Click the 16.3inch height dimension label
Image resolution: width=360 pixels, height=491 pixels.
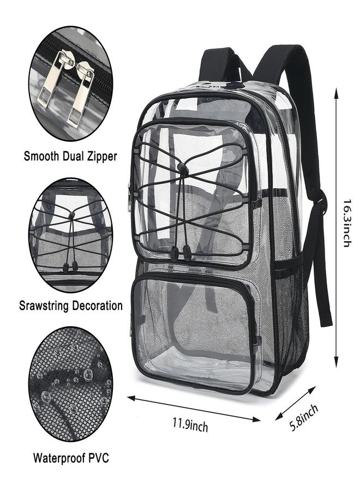click(x=346, y=223)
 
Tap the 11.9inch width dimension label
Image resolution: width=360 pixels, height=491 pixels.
click(x=190, y=425)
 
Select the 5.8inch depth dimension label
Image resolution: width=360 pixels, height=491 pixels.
click(x=304, y=418)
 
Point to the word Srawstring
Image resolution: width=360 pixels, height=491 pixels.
click(x=44, y=306)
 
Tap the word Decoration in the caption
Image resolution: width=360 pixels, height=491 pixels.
click(x=97, y=306)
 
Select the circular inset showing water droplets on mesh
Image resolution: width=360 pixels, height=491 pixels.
click(x=70, y=384)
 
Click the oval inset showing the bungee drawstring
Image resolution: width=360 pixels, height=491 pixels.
click(x=70, y=235)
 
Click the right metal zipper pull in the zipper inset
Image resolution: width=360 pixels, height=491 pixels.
click(x=80, y=94)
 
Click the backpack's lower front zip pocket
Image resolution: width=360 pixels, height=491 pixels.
click(x=193, y=332)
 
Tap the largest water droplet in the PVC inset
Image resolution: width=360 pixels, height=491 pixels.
click(x=88, y=373)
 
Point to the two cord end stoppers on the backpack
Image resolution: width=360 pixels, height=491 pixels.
click(x=181, y=252)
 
